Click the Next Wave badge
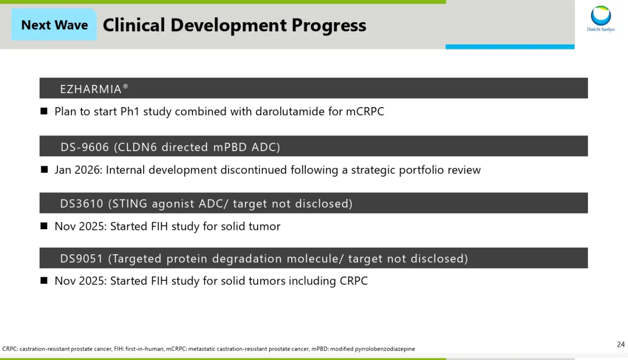[x=54, y=25]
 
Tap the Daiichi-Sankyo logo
[x=601, y=19]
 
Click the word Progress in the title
[x=329, y=25]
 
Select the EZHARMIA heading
[x=94, y=88]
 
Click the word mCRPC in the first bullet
[x=365, y=111]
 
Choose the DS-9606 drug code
[x=85, y=147]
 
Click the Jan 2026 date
[x=78, y=170]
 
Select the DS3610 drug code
[x=82, y=204]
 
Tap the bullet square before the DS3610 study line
[x=44, y=226]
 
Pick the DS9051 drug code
[x=82, y=258]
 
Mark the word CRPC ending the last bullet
[x=354, y=281]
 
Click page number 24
[x=621, y=344]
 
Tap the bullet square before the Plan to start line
[x=44, y=111]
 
